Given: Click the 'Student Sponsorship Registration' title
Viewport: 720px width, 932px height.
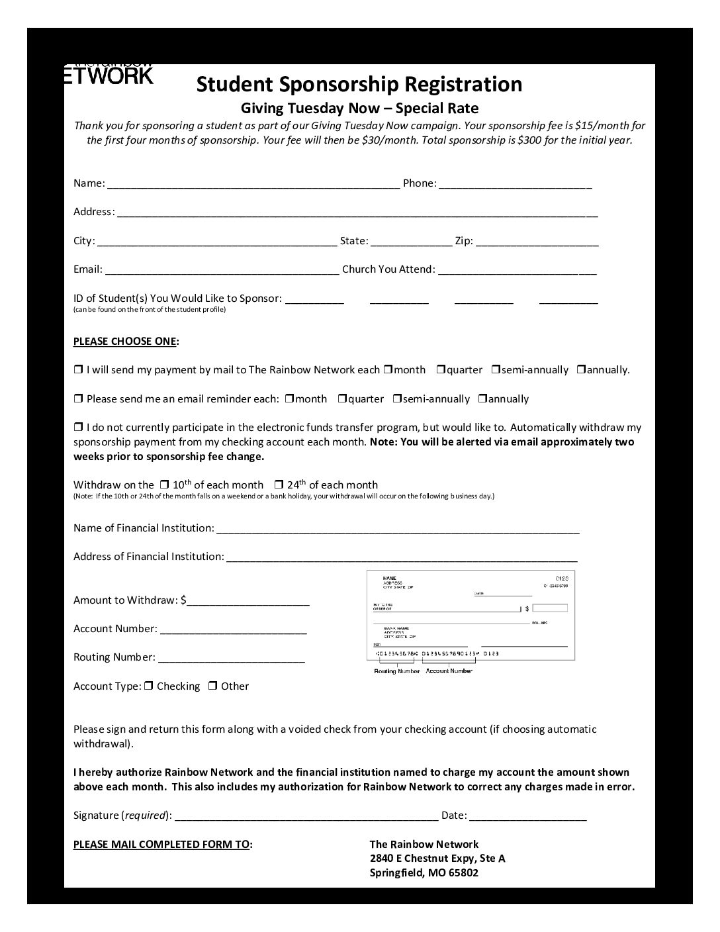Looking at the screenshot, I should (x=359, y=84).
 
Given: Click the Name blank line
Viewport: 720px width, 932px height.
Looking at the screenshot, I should (x=253, y=185).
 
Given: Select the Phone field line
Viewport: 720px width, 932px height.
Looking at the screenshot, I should (x=515, y=185).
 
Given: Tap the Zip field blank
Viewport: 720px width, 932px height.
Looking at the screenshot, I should (x=537, y=242).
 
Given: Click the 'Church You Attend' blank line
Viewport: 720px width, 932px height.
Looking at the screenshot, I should (x=517, y=271).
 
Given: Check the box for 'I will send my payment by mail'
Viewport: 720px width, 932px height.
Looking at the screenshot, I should (x=78, y=369).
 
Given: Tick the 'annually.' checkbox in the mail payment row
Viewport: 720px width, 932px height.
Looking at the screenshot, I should (x=581, y=369).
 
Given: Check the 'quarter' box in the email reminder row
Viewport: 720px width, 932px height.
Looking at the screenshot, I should (x=343, y=398).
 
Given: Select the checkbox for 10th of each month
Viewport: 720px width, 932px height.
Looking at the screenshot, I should (x=165, y=485).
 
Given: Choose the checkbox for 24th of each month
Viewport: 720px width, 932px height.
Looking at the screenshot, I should (x=279, y=485).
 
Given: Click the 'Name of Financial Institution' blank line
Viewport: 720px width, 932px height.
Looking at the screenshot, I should (x=398, y=530).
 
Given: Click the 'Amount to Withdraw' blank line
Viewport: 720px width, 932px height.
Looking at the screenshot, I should (x=248, y=602).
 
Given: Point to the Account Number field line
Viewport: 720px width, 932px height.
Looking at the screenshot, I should (x=233, y=630).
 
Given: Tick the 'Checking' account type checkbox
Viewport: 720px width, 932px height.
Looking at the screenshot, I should (x=149, y=686).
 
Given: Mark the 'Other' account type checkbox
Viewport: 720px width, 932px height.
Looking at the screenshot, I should (x=213, y=686).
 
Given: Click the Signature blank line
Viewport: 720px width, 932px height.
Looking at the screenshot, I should (x=306, y=817).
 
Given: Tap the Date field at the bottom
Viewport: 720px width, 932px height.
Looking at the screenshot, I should (x=528, y=817).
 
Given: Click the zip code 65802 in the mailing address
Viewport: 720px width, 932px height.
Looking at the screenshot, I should (x=463, y=872).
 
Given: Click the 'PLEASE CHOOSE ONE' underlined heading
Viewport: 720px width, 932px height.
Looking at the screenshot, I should (x=124, y=342).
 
